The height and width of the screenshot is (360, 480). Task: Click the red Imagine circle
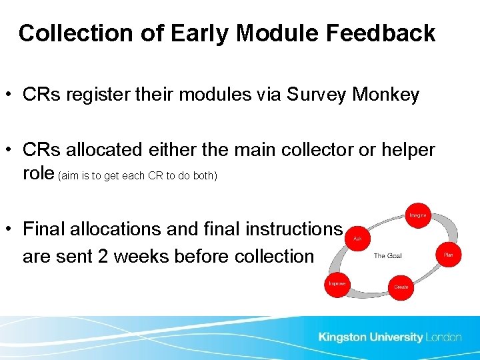tap(417, 215)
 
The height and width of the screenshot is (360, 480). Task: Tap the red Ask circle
tap(357, 238)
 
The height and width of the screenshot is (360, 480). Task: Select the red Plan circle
tap(448, 255)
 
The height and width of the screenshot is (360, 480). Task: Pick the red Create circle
tap(401, 287)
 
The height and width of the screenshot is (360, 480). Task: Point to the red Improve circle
tap(337, 283)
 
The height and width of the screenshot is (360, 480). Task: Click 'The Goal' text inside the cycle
tap(387, 255)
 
